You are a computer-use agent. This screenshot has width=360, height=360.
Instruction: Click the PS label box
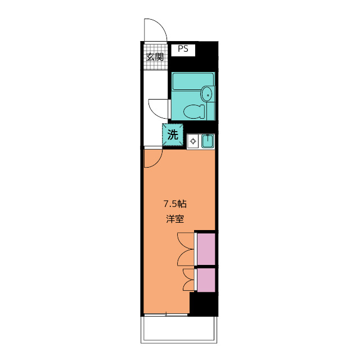182,49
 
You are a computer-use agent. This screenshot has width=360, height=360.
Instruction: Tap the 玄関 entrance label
155,56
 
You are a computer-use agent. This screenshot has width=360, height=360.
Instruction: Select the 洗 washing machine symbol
173,135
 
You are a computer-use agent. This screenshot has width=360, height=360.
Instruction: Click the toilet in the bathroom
195,111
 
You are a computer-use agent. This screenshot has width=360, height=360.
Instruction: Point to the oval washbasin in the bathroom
208,93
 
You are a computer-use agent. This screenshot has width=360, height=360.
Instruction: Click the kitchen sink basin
206,141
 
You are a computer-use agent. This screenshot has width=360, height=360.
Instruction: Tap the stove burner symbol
192,141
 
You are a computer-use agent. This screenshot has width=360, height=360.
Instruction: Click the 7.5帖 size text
175,204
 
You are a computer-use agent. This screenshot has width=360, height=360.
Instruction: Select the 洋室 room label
175,219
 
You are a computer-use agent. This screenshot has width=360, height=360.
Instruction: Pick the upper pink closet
206,249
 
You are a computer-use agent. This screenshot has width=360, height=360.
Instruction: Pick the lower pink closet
206,280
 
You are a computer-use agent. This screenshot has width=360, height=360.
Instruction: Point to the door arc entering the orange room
152,159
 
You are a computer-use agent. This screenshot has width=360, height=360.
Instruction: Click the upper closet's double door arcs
186,249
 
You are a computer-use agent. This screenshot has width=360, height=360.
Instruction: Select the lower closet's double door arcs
188,280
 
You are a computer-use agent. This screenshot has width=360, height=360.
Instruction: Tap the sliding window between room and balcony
166,314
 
